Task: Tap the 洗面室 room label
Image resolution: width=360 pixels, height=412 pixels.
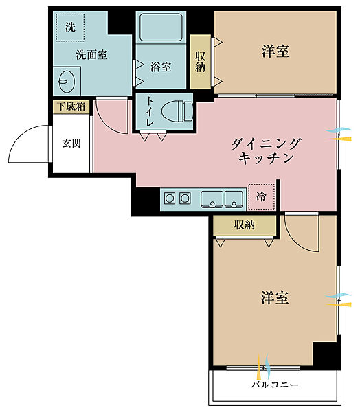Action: [91, 55]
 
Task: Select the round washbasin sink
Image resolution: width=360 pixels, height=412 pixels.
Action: [66, 82]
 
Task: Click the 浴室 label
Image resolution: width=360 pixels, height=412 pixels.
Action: [161, 67]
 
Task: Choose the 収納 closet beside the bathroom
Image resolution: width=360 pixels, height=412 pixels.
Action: [200, 62]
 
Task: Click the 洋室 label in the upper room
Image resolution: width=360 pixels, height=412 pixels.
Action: [275, 51]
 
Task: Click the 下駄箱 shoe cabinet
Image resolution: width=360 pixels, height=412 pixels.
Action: [71, 106]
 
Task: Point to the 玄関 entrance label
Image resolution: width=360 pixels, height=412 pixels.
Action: [71, 144]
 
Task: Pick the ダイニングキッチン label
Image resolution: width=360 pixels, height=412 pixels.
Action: [267, 150]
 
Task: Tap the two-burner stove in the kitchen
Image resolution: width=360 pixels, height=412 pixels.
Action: [177, 198]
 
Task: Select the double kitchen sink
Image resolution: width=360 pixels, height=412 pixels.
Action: [222, 198]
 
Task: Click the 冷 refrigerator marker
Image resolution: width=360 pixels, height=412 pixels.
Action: [261, 196]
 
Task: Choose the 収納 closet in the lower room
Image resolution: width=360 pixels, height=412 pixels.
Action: [244, 224]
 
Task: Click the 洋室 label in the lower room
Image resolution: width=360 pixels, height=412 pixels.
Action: [274, 297]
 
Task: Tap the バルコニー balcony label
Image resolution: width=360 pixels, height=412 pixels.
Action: [275, 385]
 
